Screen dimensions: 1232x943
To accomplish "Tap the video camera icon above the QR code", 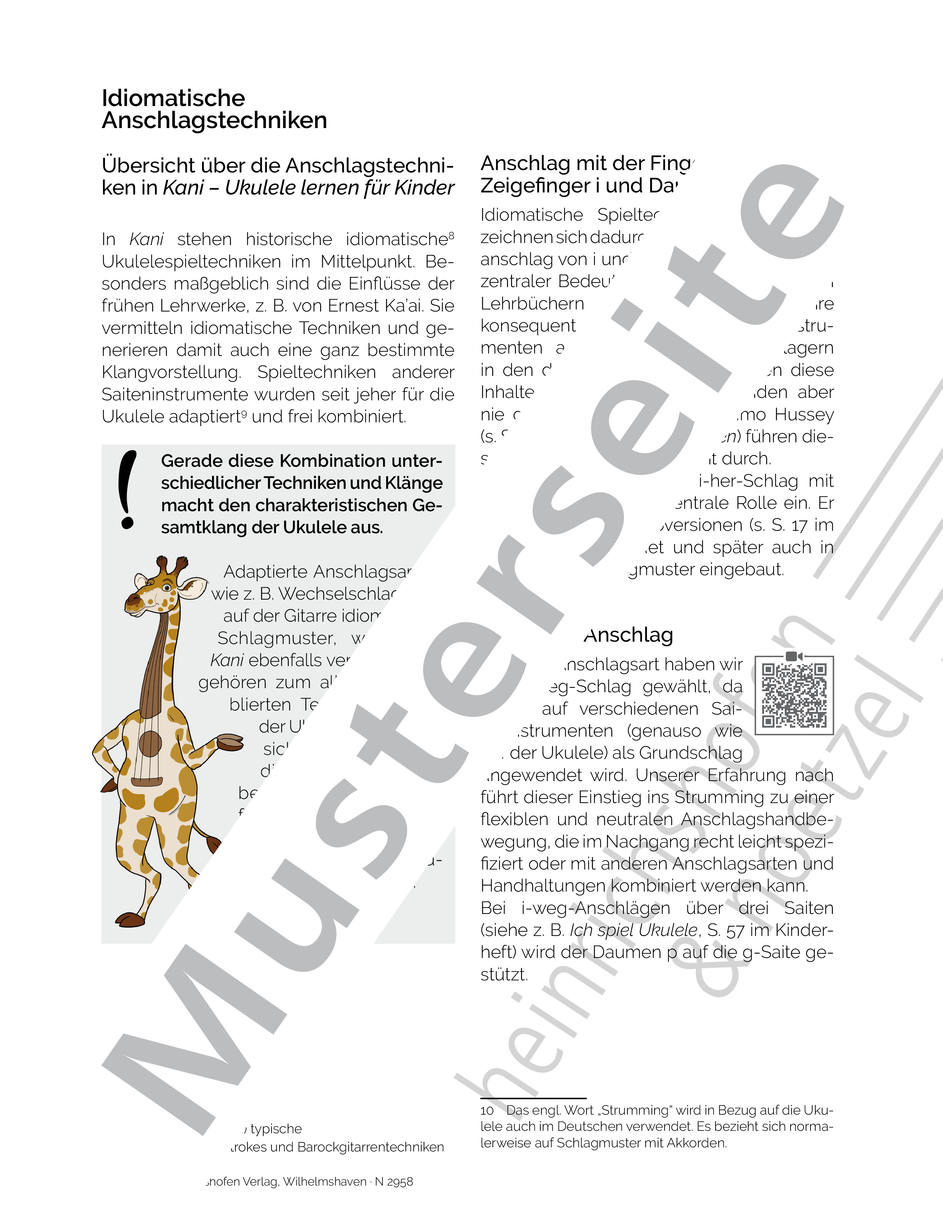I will click(x=794, y=655).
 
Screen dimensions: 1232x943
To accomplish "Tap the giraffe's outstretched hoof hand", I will click(x=230, y=742).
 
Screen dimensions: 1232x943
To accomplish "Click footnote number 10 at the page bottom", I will click(x=487, y=1110).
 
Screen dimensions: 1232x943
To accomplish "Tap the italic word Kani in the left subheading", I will click(x=183, y=188).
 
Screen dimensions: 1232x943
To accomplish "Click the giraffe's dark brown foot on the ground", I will click(x=130, y=919).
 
